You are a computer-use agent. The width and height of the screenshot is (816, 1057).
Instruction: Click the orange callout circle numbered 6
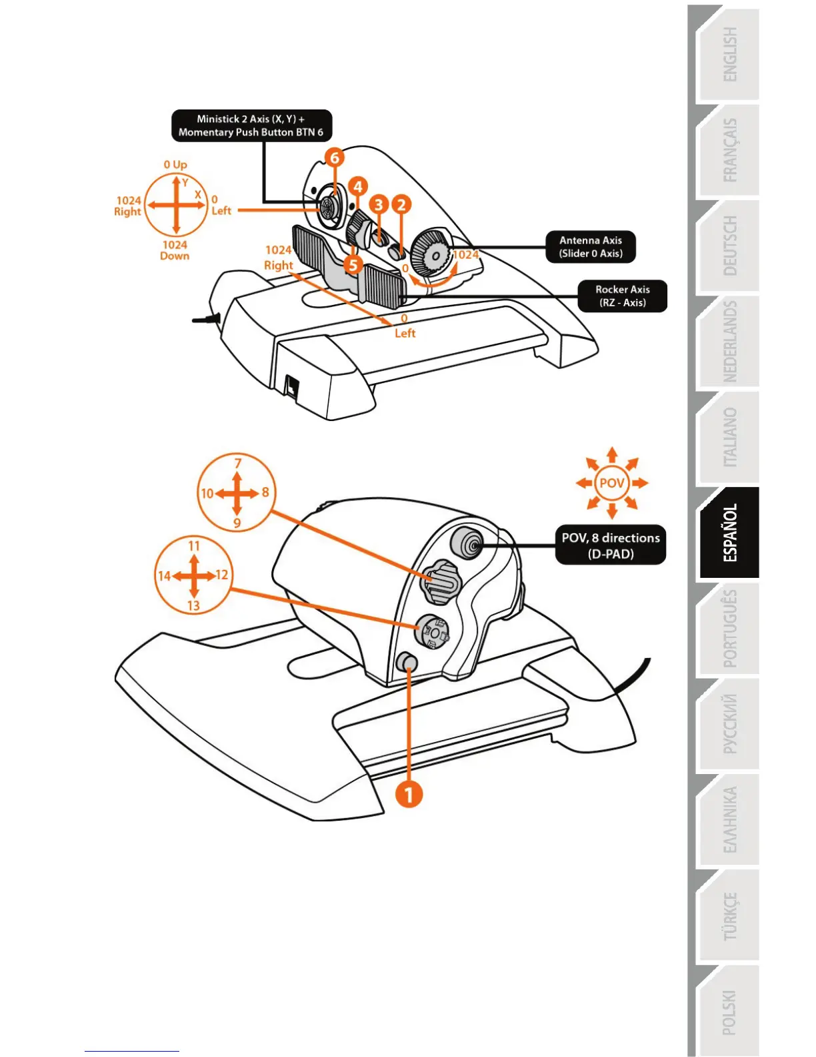pos(335,158)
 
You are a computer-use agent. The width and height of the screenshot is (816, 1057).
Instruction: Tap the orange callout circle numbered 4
pos(357,187)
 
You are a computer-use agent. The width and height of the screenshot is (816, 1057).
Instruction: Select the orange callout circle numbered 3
pos(379,204)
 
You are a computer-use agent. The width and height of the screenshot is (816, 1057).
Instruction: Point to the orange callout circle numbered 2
pos(401,204)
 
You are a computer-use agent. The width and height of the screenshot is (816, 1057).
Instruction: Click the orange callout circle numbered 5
pos(353,265)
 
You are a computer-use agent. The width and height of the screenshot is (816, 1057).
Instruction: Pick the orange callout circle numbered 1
pos(409,794)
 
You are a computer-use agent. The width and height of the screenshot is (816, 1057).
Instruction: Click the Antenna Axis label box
pos(591,247)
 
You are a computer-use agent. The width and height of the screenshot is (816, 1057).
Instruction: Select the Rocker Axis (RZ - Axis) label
pos(622,296)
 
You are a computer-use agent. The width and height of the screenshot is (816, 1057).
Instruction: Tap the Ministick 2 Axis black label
pos(251,125)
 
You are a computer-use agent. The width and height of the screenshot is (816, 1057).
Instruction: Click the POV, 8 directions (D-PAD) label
pos(611,545)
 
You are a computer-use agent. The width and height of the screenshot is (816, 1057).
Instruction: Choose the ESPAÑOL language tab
pos(730,533)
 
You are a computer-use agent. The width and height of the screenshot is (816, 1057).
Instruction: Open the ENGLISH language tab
pos(730,55)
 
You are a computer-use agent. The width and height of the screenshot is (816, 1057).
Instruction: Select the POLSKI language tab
pos(730,1012)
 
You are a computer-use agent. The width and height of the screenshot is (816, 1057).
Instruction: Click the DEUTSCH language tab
pos(730,246)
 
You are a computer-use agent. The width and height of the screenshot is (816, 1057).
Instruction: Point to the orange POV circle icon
pos(612,482)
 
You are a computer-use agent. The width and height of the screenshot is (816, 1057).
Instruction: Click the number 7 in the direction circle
pos(238,463)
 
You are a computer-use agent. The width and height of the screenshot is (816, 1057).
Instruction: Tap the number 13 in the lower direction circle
pos(193,606)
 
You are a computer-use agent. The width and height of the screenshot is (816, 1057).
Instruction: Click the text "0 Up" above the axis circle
pos(175,165)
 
